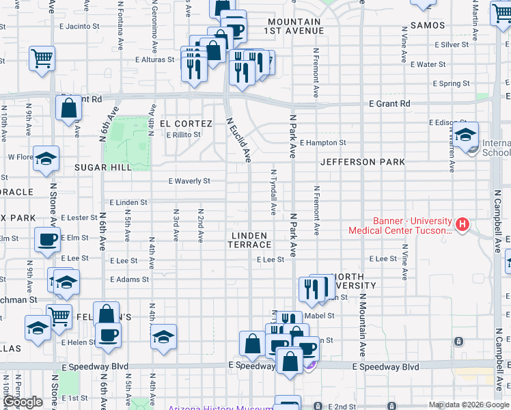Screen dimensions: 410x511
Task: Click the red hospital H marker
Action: pos(462,223)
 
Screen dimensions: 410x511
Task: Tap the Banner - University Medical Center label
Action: pos(400,225)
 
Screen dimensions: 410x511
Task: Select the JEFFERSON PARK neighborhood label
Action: pos(362,162)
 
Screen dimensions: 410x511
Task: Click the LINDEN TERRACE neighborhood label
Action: pos(249,239)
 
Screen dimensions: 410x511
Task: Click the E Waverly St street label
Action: pos(189,181)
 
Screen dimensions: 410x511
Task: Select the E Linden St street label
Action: pos(128,203)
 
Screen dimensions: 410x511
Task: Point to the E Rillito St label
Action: pos(183,135)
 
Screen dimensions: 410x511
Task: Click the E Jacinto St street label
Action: pos(80,27)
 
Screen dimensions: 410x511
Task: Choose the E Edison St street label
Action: pos(447,122)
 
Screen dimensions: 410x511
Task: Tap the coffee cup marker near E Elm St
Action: pos(47,241)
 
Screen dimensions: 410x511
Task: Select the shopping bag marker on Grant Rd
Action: pos(69,108)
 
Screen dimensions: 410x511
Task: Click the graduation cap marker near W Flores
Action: pos(45,161)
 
